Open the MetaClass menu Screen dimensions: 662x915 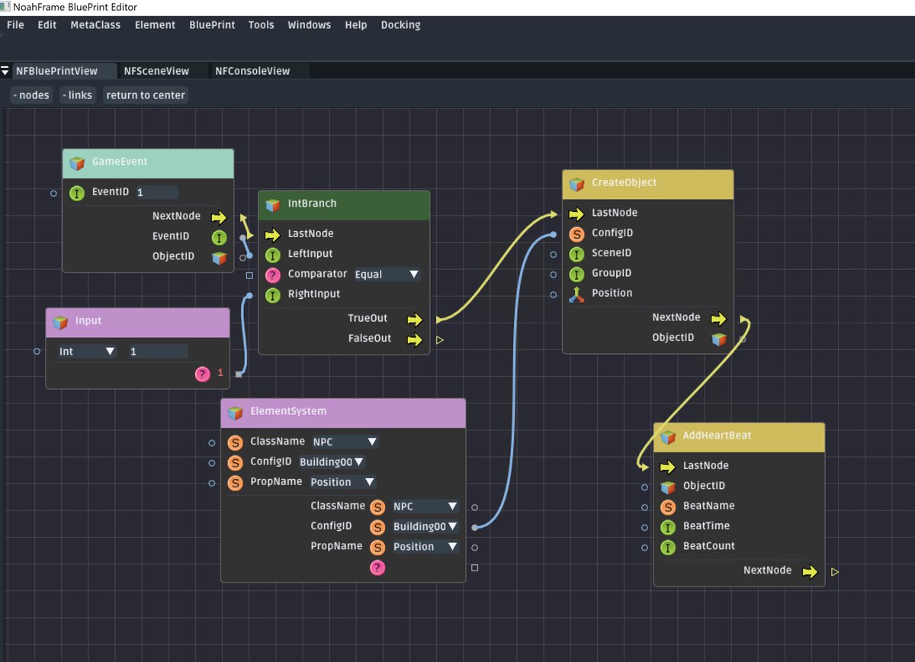pyautogui.click(x=95, y=25)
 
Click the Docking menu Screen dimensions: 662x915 pyautogui.click(x=400, y=25)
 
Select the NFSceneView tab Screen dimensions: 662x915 pyautogui.click(x=156, y=71)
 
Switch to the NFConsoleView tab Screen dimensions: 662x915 pyautogui.click(x=252, y=71)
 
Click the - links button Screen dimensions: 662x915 pyautogui.click(x=77, y=95)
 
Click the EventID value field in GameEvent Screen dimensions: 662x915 pyautogui.click(x=156, y=192)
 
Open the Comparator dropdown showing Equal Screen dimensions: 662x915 pyautogui.click(x=387, y=275)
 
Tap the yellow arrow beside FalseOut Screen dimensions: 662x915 pyautogui.click(x=414, y=339)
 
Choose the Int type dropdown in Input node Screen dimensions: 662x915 pyautogui.click(x=87, y=352)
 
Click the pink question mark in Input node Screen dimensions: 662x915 pyautogui.click(x=202, y=374)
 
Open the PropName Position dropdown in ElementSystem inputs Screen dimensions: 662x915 pyautogui.click(x=342, y=482)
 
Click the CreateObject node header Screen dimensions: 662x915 pyautogui.click(x=624, y=183)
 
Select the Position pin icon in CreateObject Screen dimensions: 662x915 pyautogui.click(x=576, y=294)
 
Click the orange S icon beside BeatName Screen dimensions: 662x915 pyautogui.click(x=668, y=506)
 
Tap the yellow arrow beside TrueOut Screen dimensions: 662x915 pyautogui.click(x=414, y=319)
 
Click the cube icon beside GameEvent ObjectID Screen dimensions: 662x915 pyautogui.click(x=220, y=257)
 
